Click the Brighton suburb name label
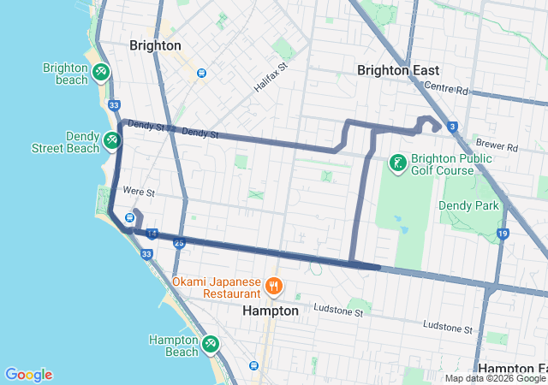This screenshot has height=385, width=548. click(155, 45)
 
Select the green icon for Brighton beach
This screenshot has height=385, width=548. click(101, 70)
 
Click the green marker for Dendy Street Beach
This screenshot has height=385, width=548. click(111, 139)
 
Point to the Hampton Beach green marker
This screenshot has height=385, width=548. click(210, 344)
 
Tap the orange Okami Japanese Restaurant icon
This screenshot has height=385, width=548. click(273, 285)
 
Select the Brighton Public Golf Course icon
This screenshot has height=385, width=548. click(397, 162)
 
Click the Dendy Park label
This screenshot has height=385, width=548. click(468, 205)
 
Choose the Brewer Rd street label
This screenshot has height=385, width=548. click(500, 147)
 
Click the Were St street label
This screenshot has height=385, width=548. click(139, 192)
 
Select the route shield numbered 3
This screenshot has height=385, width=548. click(451, 127)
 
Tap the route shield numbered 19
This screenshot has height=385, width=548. click(503, 234)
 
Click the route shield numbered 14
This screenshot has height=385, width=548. click(152, 233)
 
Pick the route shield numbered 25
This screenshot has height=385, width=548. click(179, 243)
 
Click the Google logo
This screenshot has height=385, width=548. click(28, 375)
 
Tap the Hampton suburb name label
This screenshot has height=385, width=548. click(271, 311)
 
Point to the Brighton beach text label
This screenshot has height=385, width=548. click(66, 74)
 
